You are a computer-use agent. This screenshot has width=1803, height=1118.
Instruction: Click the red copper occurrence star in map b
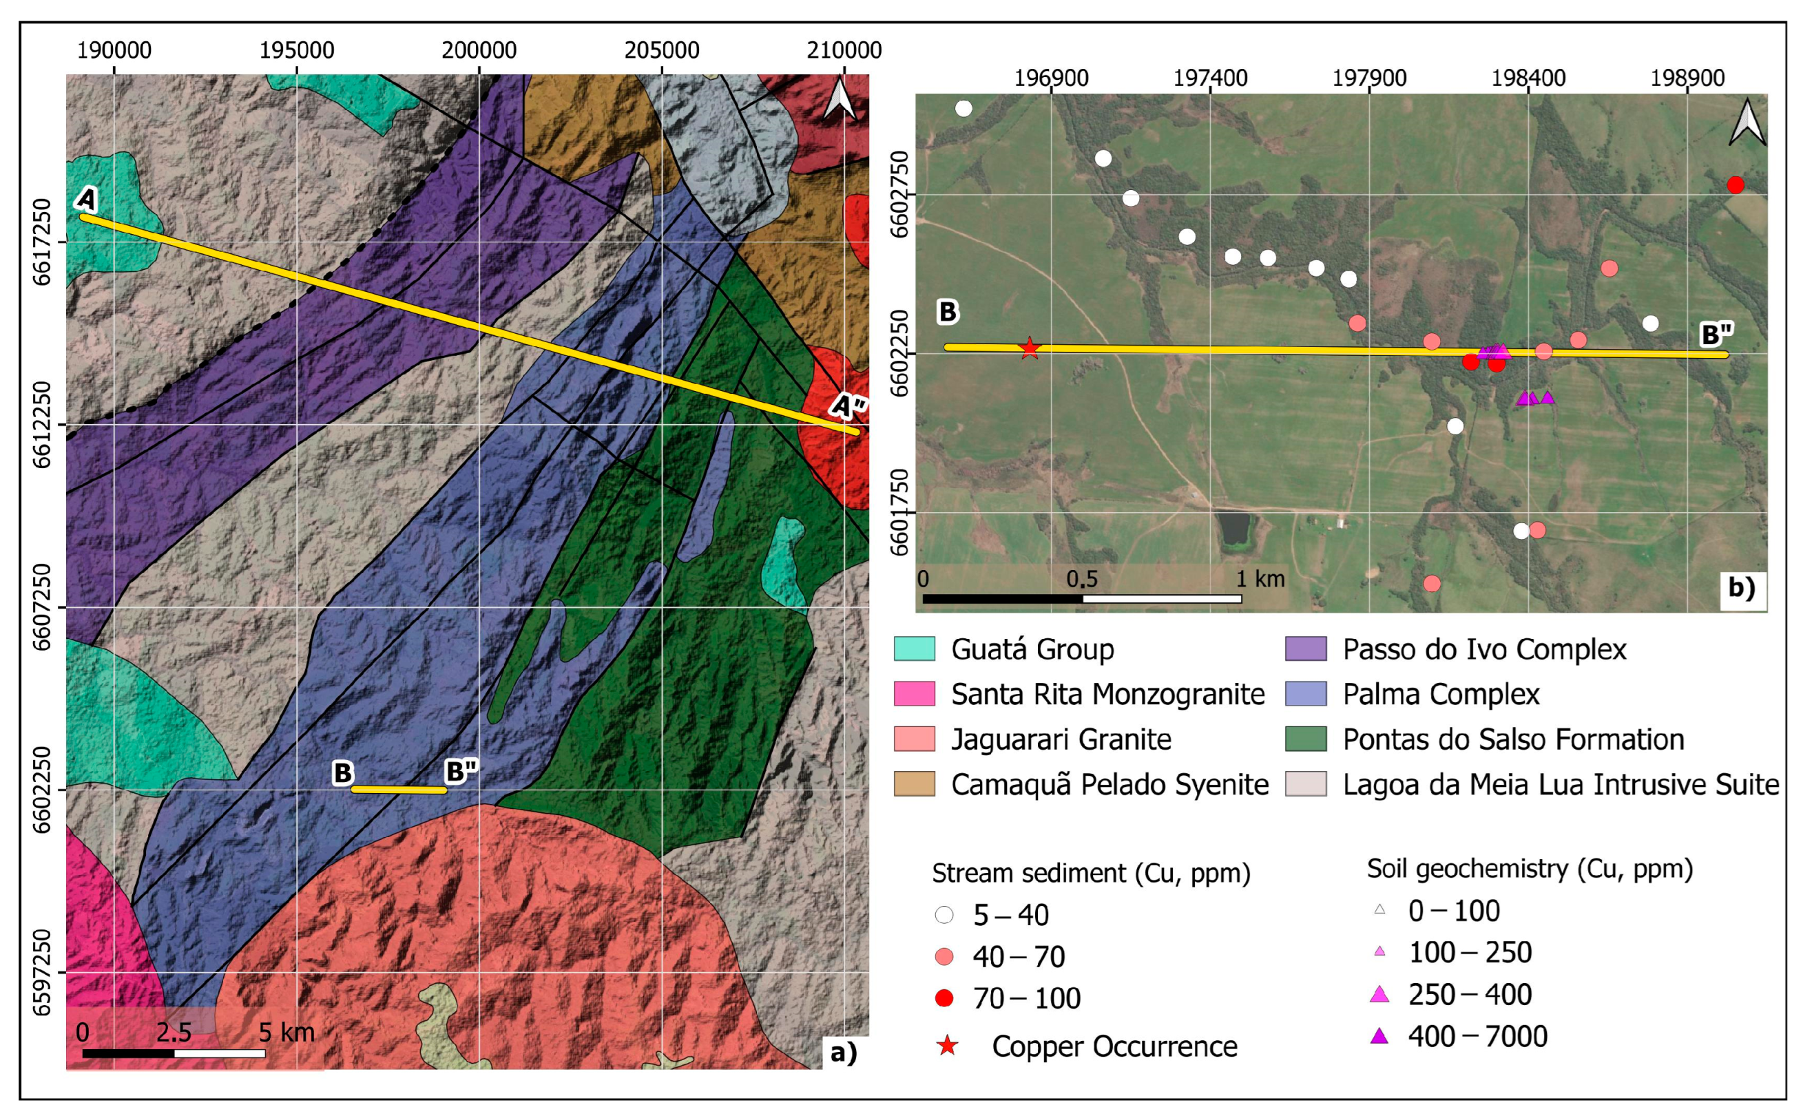pyautogui.click(x=1030, y=348)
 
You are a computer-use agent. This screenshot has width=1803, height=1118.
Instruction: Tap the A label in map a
pyautogui.click(x=87, y=199)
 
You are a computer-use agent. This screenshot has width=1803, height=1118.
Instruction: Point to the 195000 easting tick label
pyautogui.click(x=297, y=50)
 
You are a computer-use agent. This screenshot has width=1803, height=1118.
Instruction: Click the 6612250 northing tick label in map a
pyautogui.click(x=43, y=425)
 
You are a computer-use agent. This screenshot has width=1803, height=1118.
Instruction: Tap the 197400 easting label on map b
pyautogui.click(x=1211, y=77)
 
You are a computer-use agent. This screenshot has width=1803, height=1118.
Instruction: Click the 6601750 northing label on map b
pyautogui.click(x=899, y=511)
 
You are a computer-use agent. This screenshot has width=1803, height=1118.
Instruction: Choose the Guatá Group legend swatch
pyautogui.click(x=914, y=648)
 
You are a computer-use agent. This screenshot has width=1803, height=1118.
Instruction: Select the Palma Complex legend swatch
pyautogui.click(x=1306, y=693)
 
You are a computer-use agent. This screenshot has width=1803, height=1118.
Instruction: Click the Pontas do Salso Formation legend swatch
pyautogui.click(x=1306, y=739)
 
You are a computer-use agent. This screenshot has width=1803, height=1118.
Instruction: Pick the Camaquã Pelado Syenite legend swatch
pyautogui.click(x=914, y=784)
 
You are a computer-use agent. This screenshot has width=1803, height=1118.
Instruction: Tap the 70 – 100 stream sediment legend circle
pyautogui.click(x=944, y=998)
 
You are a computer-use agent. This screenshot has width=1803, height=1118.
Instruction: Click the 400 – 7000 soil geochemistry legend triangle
pyautogui.click(x=1379, y=1037)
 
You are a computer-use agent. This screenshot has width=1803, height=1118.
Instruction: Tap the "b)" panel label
pyautogui.click(x=1741, y=588)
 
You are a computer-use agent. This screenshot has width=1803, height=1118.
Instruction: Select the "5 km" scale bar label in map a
pyautogui.click(x=286, y=1031)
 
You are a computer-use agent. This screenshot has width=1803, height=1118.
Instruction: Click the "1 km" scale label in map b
pyautogui.click(x=1261, y=578)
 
